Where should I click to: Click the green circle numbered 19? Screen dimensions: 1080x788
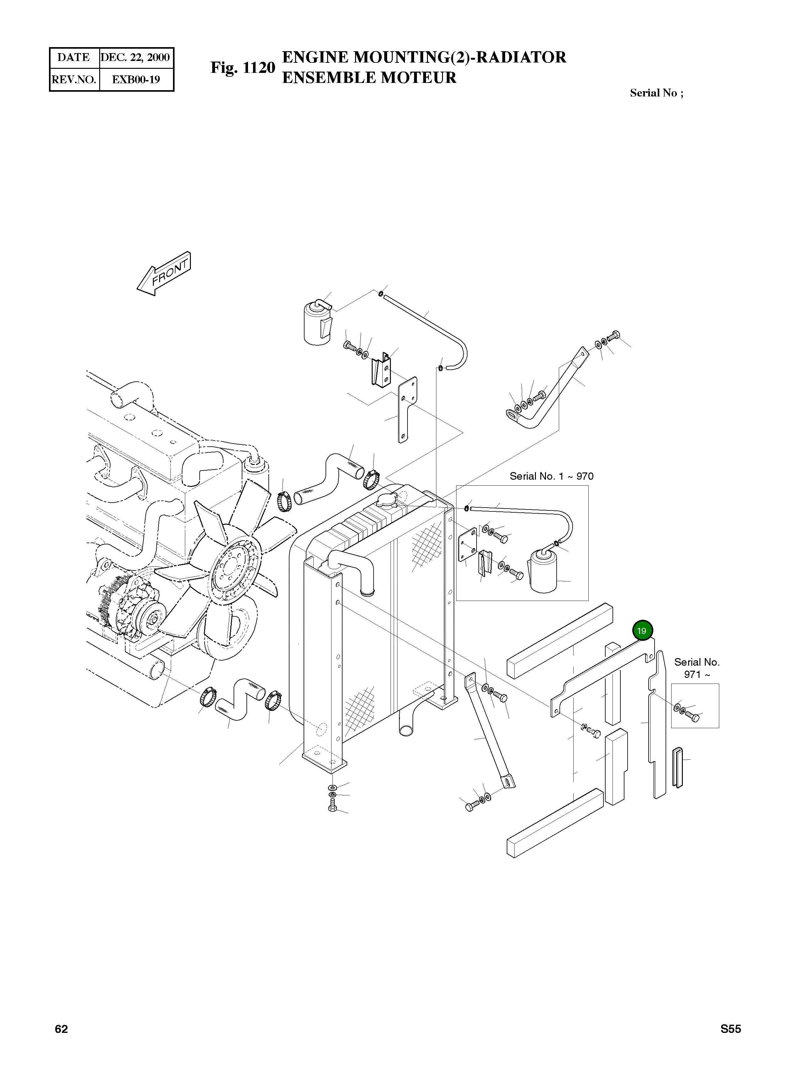[642, 631]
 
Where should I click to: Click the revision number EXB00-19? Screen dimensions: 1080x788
[136, 79]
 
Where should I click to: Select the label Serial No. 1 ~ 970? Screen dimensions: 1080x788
[551, 476]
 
